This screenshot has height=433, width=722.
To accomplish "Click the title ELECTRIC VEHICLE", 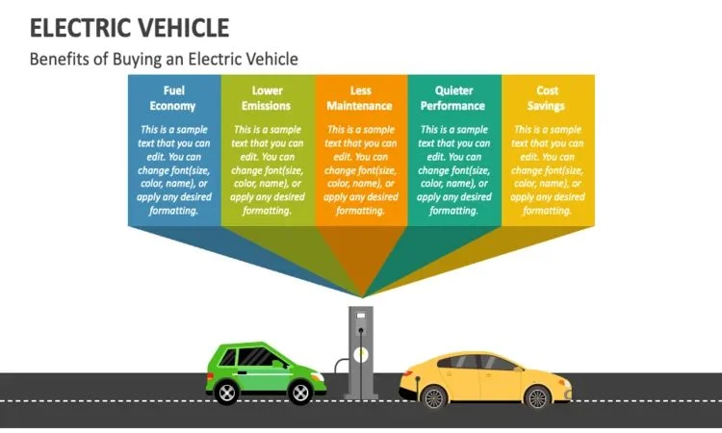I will tap(129, 26).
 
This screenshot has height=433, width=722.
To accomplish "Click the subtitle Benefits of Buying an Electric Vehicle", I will tap(164, 59).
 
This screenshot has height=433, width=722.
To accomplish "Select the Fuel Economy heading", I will tap(174, 98).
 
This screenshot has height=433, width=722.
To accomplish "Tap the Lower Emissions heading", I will tap(267, 98).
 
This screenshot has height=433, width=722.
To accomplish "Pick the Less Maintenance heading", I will tap(359, 98).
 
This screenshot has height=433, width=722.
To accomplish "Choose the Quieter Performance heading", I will tap(452, 98).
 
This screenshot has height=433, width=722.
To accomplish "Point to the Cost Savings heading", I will tap(547, 98).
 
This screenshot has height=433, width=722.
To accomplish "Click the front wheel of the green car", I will tap(301, 392).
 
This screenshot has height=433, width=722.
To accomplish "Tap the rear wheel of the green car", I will tap(227, 392).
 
